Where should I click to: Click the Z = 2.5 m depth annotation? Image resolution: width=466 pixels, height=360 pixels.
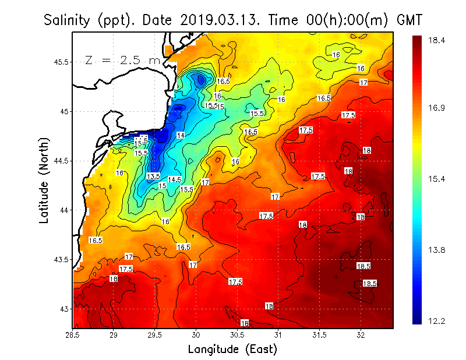click(122, 60)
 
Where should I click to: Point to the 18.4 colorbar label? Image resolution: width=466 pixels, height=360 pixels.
click(437, 40)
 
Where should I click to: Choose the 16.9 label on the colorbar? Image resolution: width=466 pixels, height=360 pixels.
click(437, 108)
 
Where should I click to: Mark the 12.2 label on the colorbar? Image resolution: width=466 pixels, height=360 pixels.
click(437, 321)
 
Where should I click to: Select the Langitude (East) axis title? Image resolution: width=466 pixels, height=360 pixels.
click(232, 350)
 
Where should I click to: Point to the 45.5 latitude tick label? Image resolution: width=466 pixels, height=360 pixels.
click(60, 62)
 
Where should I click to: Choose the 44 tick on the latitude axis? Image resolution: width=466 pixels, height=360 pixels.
click(64, 210)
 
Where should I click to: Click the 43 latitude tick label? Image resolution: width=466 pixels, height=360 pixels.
click(64, 309)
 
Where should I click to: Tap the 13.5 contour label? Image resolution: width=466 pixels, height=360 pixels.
click(153, 176)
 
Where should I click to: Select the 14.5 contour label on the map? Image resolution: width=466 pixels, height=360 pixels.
click(175, 179)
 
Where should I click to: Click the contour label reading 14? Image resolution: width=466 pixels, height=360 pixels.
click(181, 135)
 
